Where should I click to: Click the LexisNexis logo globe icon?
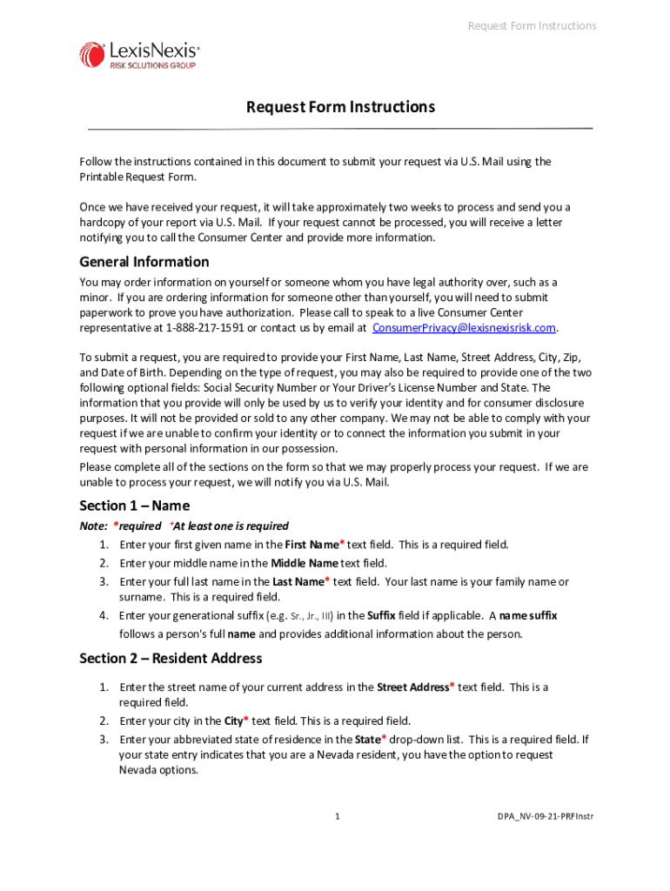pos(92,55)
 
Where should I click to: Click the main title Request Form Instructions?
pos(340,107)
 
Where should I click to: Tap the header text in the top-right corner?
pos(532,26)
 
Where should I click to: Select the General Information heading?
pos(144,262)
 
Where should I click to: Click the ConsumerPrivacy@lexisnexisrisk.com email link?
pos(464,328)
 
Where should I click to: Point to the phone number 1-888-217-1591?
pos(199,328)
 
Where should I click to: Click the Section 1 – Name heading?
pos(134,506)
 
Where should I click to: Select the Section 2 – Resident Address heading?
pos(171,659)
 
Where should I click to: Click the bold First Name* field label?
pos(314,545)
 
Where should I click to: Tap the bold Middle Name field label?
pos(305,563)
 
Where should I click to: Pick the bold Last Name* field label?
pos(300,581)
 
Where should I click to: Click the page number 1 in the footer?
pos(337,816)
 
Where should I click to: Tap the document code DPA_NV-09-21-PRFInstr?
pos(546,816)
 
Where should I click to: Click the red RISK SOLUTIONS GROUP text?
pos(152,66)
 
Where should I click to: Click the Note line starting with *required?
pos(184,526)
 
